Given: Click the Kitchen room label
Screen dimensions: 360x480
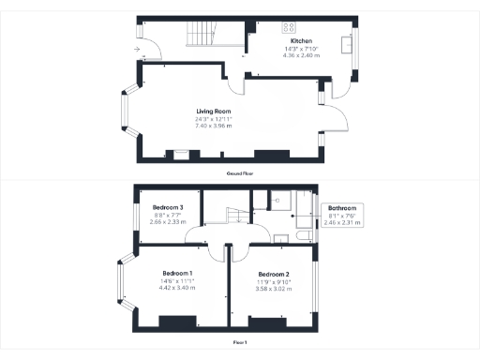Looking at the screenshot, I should [x=302, y=42].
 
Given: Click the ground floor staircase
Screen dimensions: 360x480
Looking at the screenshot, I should [x=199, y=37].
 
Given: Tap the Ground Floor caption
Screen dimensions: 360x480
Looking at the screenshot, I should [x=240, y=173].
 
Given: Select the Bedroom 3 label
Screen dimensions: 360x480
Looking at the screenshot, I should [x=168, y=207].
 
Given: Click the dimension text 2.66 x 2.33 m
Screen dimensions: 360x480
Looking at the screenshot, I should [x=168, y=221].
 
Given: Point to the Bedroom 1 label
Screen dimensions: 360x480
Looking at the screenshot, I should [x=178, y=274].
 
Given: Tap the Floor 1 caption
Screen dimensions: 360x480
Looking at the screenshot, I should [x=240, y=343].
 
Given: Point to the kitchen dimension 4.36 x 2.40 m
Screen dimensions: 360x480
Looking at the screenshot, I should [x=302, y=55].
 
